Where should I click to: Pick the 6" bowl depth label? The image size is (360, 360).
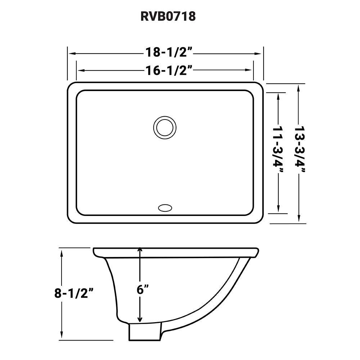pyautogui.click(x=143, y=290)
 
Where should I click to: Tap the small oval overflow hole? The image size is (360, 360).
pyautogui.click(x=165, y=207)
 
